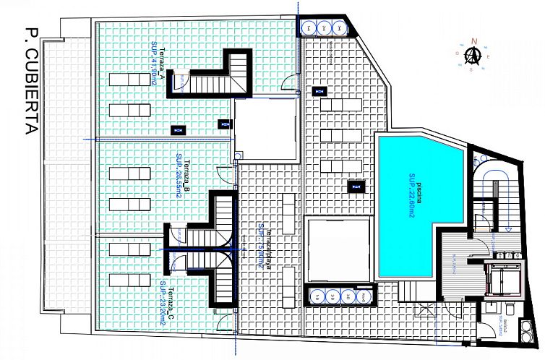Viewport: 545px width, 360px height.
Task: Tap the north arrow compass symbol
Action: click(x=473, y=55)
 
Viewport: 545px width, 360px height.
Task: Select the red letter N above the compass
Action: click(x=473, y=41)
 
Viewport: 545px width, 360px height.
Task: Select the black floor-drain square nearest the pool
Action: click(x=356, y=187)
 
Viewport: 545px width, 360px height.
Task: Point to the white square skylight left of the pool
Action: click(x=338, y=250)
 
